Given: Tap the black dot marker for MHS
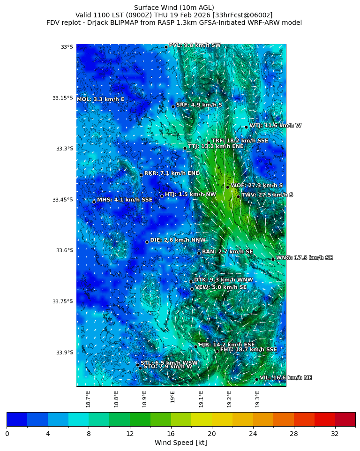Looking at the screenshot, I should pyautogui.click(x=94, y=202).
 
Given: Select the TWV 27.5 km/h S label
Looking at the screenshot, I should pyautogui.click(x=267, y=195).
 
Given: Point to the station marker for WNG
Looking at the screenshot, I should pyautogui.click(x=273, y=259).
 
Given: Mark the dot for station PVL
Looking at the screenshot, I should pyautogui.click(x=166, y=47).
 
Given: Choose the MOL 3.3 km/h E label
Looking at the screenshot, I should pyautogui.click(x=100, y=99).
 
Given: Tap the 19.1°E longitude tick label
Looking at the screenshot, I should pyautogui.click(x=201, y=398).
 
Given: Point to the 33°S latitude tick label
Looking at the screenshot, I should pyautogui.click(x=67, y=47).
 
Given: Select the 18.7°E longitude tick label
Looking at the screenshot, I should pyautogui.click(x=88, y=398).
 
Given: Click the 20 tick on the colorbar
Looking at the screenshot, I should pyautogui.click(x=212, y=434).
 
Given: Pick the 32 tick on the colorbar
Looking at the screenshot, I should pyautogui.click(x=335, y=434).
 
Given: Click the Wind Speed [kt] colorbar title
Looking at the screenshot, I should pyautogui.click(x=180, y=443).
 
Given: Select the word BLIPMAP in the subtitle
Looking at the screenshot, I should pyautogui.click(x=122, y=23).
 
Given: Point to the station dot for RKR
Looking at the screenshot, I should pyautogui.click(x=141, y=175).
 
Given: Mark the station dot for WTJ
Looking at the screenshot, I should pyautogui.click(x=246, y=127).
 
